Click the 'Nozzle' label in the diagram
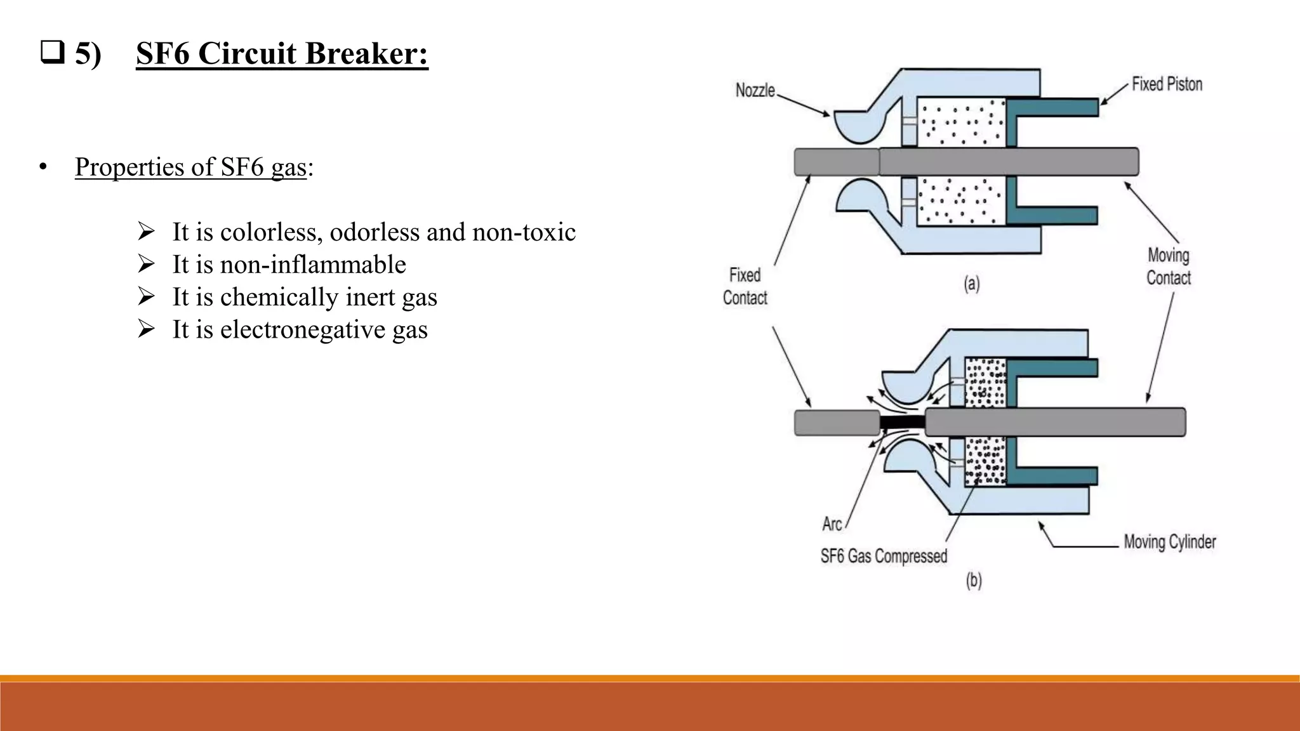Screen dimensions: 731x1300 (755, 91)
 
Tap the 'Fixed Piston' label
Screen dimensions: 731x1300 (1167, 84)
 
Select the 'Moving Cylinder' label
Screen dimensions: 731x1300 (1169, 542)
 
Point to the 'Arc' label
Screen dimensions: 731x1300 (832, 524)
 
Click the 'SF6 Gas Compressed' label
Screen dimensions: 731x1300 (884, 556)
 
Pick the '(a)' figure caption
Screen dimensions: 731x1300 (971, 283)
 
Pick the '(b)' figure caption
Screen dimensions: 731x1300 (974, 581)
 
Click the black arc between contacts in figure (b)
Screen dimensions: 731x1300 (902, 422)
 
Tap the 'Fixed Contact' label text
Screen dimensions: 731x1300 (745, 286)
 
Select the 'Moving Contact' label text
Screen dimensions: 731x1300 (1168, 267)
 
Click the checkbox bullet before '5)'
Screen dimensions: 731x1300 (52, 53)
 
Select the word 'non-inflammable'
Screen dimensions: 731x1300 (313, 265)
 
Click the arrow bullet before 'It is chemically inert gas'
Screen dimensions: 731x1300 (146, 296)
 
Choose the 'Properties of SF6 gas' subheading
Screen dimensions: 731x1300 (190, 167)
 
